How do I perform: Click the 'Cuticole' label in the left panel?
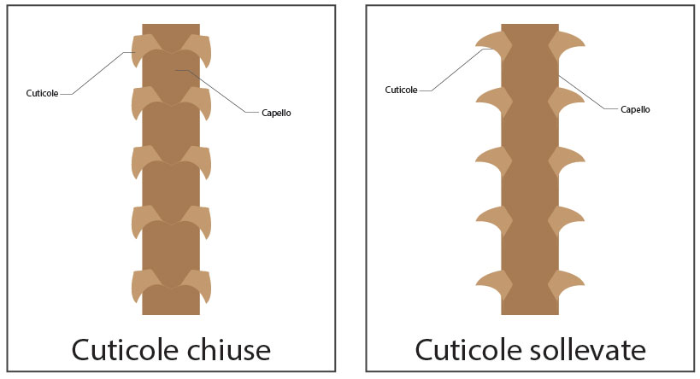pos(43,93)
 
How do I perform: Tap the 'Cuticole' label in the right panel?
pos(401,89)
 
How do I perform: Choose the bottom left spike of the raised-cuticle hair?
pos(491,282)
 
